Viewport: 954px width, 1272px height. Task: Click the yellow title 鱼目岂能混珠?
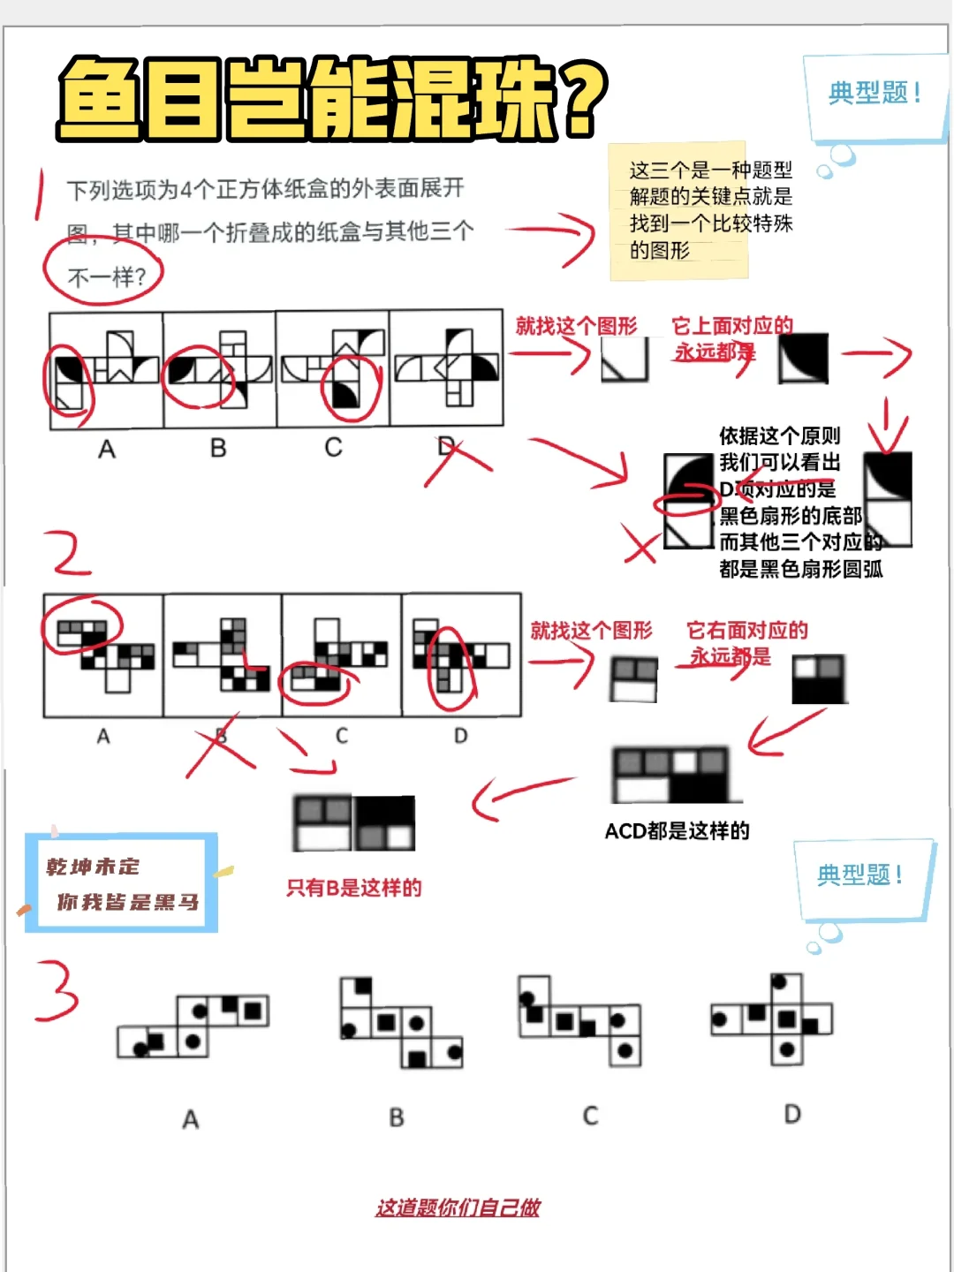coord(331,99)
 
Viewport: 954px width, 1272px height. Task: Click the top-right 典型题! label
coord(874,94)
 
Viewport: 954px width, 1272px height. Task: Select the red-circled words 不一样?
coord(105,276)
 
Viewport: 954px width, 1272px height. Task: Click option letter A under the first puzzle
coord(107,450)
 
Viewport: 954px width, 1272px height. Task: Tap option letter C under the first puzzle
coord(333,448)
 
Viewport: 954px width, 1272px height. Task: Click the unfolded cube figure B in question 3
coord(402,1022)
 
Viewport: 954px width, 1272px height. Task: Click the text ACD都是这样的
coord(677,831)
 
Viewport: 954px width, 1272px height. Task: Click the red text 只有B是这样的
coord(353,888)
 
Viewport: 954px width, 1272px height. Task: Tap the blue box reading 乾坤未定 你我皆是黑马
coord(122,883)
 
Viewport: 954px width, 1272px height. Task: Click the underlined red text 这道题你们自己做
coord(458,1208)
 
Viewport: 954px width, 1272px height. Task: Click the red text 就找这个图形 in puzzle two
coord(591,631)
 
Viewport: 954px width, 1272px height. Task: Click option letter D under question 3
coord(792,1114)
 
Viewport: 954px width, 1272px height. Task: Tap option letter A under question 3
coord(191,1120)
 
